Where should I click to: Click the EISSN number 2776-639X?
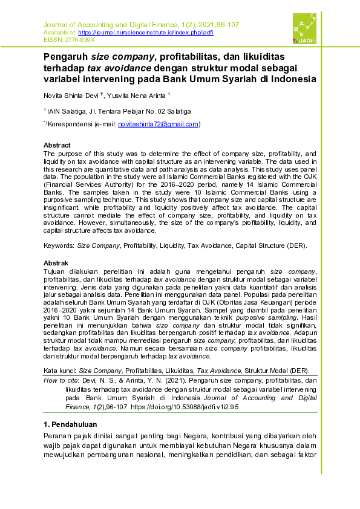click(x=80, y=39)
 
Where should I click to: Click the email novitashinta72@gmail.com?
click(x=158, y=124)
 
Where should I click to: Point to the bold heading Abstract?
click(x=57, y=145)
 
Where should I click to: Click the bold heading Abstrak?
click(x=56, y=263)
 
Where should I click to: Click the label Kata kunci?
click(x=60, y=370)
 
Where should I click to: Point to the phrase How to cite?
click(x=62, y=381)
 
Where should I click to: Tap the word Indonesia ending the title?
click(x=294, y=79)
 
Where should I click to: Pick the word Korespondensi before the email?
click(x=70, y=124)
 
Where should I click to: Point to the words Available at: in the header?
click(x=59, y=32)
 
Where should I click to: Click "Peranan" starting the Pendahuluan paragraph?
click(x=61, y=436)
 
